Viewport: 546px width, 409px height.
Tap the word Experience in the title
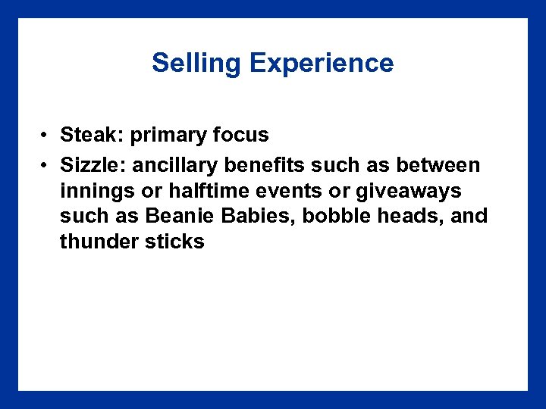[x=322, y=63]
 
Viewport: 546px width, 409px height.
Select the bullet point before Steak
[x=46, y=136]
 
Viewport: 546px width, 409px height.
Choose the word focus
[x=241, y=136]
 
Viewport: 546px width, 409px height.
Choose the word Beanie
[x=180, y=216]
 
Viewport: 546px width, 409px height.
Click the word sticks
[x=176, y=242]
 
